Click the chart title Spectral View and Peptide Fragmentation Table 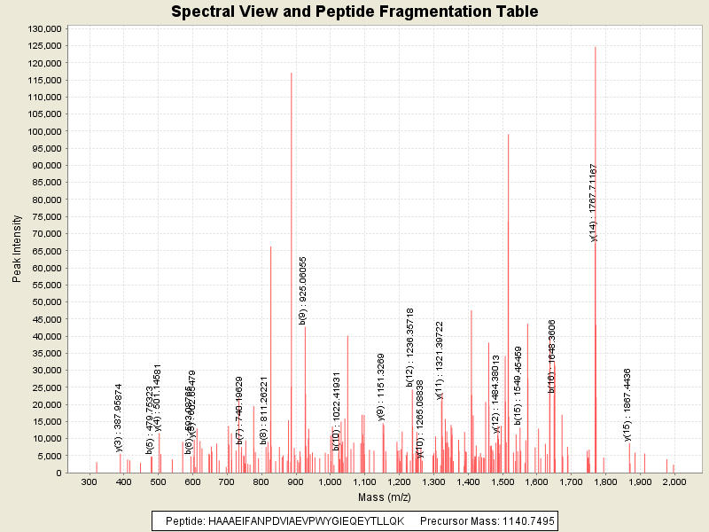(354, 12)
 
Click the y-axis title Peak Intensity (17, 251)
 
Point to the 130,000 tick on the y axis (43, 29)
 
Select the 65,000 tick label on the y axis (45, 251)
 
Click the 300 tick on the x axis (89, 481)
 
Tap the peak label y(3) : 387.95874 (119, 418)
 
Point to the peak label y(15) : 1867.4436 (627, 404)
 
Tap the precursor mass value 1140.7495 (523, 520)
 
